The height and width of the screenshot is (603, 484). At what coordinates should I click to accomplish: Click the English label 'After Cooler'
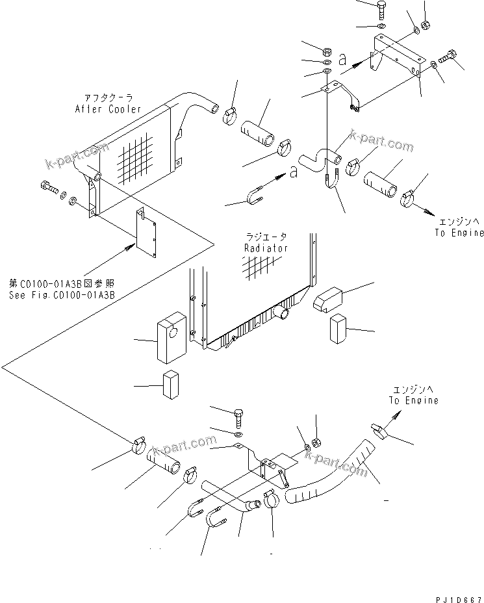point(116,109)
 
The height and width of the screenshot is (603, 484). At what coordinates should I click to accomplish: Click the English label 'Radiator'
point(266,248)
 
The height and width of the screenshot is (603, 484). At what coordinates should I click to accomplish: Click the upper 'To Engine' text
point(460,233)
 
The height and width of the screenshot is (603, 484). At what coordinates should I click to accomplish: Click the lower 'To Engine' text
point(414,400)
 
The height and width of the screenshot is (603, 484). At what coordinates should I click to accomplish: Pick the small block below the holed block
point(171,385)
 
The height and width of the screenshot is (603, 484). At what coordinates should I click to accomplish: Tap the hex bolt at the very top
point(381,10)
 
